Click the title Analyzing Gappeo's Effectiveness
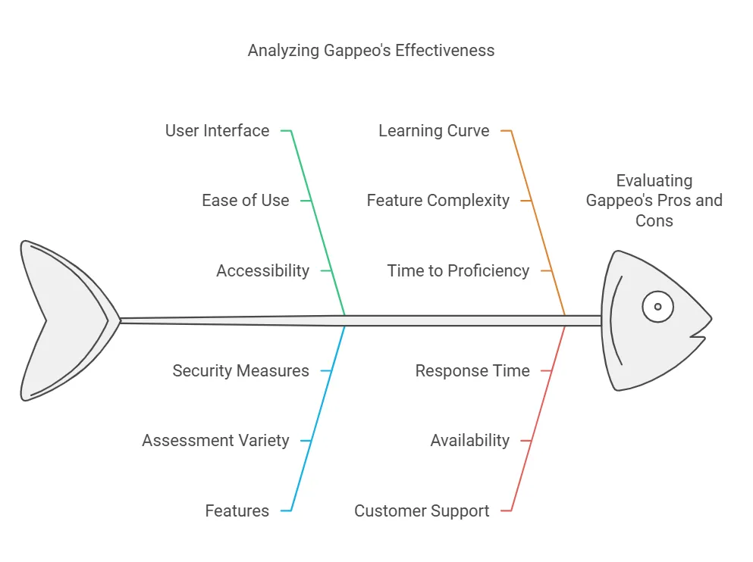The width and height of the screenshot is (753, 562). coord(371,51)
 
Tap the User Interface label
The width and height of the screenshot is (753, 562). coord(217,131)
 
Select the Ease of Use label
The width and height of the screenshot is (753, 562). coord(245,201)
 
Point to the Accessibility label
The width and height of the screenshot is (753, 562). coord(262,270)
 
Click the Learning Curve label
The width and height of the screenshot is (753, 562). coord(434,131)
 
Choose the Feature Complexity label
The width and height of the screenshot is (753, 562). coord(438,201)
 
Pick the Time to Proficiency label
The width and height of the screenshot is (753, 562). coord(458,270)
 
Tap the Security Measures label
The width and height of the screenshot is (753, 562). coord(240,371)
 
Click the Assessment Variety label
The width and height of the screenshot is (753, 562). coord(215,441)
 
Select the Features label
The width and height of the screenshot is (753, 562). coord(237,510)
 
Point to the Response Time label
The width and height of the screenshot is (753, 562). coord(472,371)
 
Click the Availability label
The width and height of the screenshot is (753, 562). coord(469,441)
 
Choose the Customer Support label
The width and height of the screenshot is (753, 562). coord(422,510)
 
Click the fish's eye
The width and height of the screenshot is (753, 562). coord(657,307)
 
